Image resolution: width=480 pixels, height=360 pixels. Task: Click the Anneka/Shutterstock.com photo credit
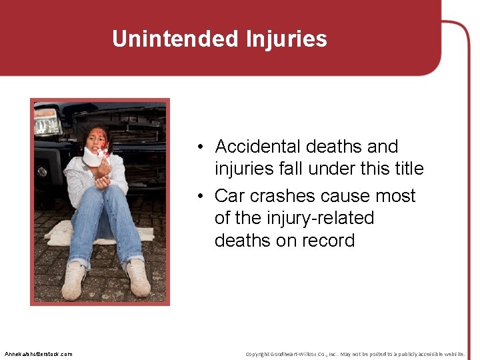pyautogui.click(x=38, y=353)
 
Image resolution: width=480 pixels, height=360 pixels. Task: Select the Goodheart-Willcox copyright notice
pyautogui.click(x=355, y=353)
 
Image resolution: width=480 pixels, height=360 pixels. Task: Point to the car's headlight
pyautogui.click(x=47, y=122)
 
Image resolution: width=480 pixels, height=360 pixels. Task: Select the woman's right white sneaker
pyautogui.click(x=73, y=280)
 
